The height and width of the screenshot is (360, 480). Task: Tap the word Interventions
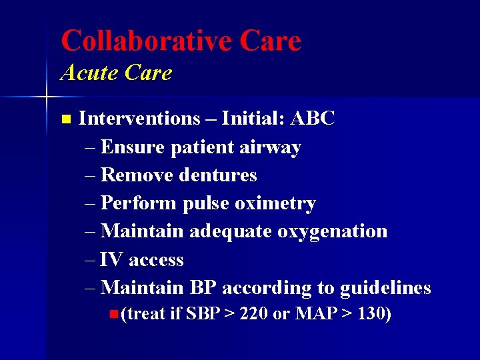(x=139, y=119)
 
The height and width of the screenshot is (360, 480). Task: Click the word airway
(x=272, y=147)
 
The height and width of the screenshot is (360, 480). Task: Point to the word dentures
(x=221, y=175)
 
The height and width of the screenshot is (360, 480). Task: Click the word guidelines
(x=385, y=289)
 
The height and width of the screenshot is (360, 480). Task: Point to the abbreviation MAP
(x=317, y=313)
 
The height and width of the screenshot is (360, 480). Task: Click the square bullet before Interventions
(x=65, y=119)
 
